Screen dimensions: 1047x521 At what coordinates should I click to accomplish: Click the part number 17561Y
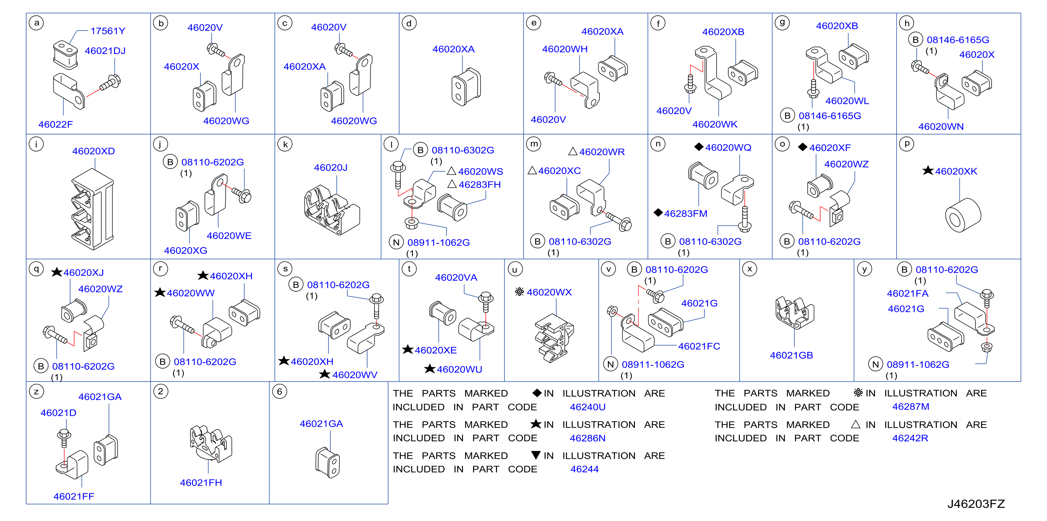pyautogui.click(x=108, y=31)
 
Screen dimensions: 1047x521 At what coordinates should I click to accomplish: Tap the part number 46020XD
pyautogui.click(x=93, y=151)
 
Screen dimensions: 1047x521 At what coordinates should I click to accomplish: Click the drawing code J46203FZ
pyautogui.click(x=976, y=504)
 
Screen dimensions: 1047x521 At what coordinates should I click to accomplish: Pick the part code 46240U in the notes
pyautogui.click(x=587, y=407)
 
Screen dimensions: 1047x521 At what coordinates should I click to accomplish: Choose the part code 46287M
pyautogui.click(x=910, y=407)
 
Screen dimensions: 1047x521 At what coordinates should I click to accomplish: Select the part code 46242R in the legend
pyautogui.click(x=910, y=438)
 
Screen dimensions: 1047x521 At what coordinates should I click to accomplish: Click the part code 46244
pyautogui.click(x=584, y=469)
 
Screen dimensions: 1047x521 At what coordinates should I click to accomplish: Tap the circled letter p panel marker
pyautogui.click(x=907, y=144)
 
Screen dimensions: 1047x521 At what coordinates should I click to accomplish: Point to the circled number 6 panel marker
pyautogui.click(x=280, y=391)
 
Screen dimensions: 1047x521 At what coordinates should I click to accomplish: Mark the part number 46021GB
pyautogui.click(x=791, y=355)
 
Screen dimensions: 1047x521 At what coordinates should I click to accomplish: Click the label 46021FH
pyautogui.click(x=201, y=482)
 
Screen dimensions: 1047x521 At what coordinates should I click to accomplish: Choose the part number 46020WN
pyautogui.click(x=941, y=126)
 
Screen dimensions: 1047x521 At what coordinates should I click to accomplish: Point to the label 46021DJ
pyautogui.click(x=105, y=51)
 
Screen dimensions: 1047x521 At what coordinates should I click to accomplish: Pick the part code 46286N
pyautogui.click(x=587, y=438)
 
